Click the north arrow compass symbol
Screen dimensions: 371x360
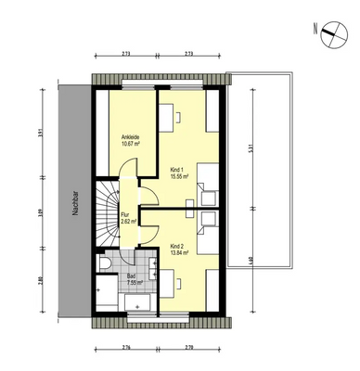(329, 33)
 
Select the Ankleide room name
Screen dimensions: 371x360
(123, 135)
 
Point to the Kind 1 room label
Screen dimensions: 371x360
(176, 168)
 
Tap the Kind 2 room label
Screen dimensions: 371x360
(176, 245)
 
